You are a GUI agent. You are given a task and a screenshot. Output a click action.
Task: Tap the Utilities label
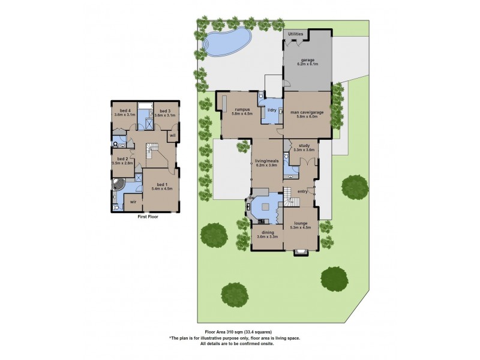pos(296,34)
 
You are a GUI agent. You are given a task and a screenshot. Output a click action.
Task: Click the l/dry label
pos(272,110)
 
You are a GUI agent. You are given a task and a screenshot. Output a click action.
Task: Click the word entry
pos(302,191)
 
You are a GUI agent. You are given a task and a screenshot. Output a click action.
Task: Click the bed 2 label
pos(121,160)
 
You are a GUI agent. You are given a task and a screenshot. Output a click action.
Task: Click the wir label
pos(133,202)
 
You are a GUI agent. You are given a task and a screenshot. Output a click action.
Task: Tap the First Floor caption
pos(147,216)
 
